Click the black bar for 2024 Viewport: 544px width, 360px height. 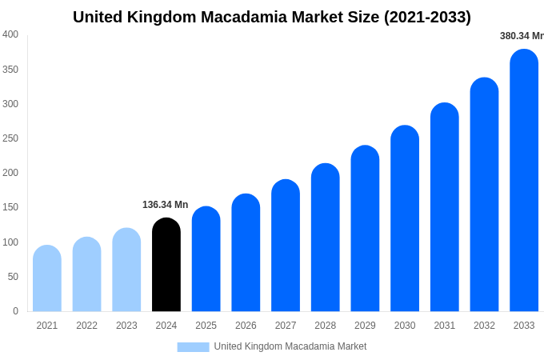coord(166,265)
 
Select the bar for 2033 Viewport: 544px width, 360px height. coord(524,181)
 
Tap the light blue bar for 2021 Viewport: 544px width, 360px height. coord(47,278)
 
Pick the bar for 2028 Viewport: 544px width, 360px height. coord(326,238)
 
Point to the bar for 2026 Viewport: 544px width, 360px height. coord(246,253)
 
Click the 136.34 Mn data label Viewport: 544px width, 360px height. coord(165,205)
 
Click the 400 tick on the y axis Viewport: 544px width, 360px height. coord(10,34)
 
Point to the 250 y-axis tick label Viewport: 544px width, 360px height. coord(10,138)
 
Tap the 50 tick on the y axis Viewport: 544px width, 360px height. coord(13,277)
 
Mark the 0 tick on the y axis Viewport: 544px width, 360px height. coord(15,311)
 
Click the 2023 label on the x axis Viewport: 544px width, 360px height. coord(126,326)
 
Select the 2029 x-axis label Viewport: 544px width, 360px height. coord(365,326)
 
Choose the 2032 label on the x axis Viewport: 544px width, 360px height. coord(484,326)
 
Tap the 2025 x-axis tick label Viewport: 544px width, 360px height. coord(206,326)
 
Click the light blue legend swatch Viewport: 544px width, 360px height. coord(193,346)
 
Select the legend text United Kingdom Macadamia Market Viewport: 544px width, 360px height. coord(290,346)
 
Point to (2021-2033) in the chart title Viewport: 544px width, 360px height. coord(427,17)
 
